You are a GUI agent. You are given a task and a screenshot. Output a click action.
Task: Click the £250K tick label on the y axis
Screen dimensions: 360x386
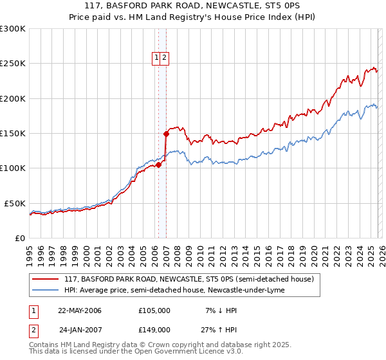pos(12,64)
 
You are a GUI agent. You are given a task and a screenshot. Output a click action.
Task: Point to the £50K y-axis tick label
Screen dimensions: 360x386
pos(14,203)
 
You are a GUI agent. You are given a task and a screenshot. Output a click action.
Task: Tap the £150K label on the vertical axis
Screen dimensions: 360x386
pos(12,133)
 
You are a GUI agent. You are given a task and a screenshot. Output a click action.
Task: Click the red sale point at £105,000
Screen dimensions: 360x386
pos(158,165)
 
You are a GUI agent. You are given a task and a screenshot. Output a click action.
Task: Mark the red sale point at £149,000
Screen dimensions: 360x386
pos(166,134)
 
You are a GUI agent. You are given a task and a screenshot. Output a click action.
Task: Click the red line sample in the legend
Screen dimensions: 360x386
pos(46,280)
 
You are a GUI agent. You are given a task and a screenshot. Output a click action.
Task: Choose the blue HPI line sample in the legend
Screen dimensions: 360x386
pos(46,290)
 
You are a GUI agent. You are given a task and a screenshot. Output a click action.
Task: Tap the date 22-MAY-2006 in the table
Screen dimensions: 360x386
pos(80,310)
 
